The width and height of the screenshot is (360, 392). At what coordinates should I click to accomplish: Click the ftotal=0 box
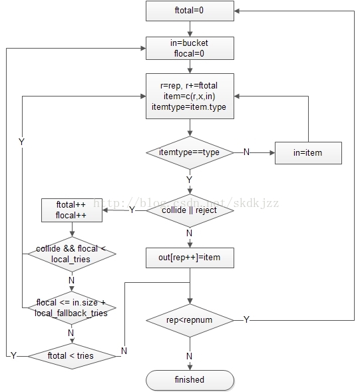pos(190,11)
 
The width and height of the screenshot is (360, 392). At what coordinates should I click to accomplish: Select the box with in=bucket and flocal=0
pos(190,48)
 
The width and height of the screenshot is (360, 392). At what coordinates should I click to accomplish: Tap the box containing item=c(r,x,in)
pos(190,96)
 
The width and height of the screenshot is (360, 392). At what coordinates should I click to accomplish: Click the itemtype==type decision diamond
pos(190,152)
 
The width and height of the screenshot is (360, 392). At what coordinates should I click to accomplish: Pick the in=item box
pos(308,153)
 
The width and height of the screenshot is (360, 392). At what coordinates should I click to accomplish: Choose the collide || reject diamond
pos(190,210)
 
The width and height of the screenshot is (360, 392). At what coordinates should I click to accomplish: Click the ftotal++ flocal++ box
pos(72,210)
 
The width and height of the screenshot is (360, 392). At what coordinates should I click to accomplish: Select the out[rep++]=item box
pos(190,258)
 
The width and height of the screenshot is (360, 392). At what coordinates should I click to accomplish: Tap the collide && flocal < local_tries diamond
pos(72,254)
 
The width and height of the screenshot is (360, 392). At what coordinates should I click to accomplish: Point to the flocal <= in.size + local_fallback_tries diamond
pos(72,307)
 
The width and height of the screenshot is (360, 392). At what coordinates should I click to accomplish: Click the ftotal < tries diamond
pos(72,356)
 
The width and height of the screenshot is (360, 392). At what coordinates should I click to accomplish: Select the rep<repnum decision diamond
pos(190,320)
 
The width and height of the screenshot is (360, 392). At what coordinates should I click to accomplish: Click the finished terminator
pos(190,380)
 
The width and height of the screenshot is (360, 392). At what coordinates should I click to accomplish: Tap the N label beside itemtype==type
pos(246,152)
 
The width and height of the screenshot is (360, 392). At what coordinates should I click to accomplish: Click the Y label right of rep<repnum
pos(246,319)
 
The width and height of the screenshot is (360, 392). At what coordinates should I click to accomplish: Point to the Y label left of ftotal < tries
pos(13,355)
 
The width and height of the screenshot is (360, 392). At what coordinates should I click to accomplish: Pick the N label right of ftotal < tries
pos(124,351)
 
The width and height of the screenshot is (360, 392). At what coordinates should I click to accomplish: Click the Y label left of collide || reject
pos(132,210)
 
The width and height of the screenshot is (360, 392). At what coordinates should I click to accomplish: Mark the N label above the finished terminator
pos(189,356)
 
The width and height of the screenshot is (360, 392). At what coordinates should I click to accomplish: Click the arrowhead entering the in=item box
pos(272,153)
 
